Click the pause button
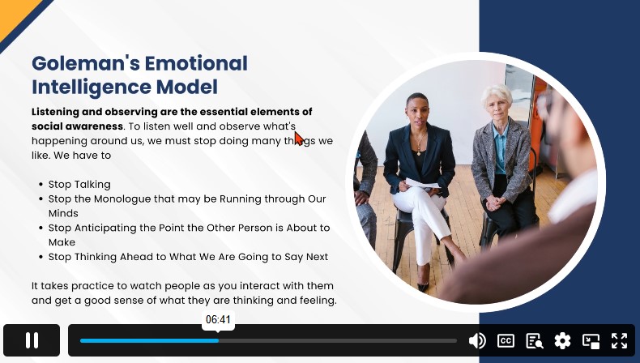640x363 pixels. [32, 340]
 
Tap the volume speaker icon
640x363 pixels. [477, 340]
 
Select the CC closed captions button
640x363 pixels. [506, 340]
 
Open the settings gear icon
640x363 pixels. [562, 340]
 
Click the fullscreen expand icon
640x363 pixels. [619, 340]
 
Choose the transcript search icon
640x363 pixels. [535, 340]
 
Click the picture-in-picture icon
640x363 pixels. [591, 340]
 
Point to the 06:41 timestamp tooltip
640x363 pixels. [218, 320]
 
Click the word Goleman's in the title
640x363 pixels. [86, 63]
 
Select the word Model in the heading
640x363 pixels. [186, 87]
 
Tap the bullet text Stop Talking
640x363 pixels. [79, 184]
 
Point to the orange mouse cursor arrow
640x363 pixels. [299, 139]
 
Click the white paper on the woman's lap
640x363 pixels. [422, 184]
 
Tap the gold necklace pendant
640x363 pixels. [418, 152]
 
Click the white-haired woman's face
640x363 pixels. [497, 108]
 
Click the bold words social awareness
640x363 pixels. [77, 126]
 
